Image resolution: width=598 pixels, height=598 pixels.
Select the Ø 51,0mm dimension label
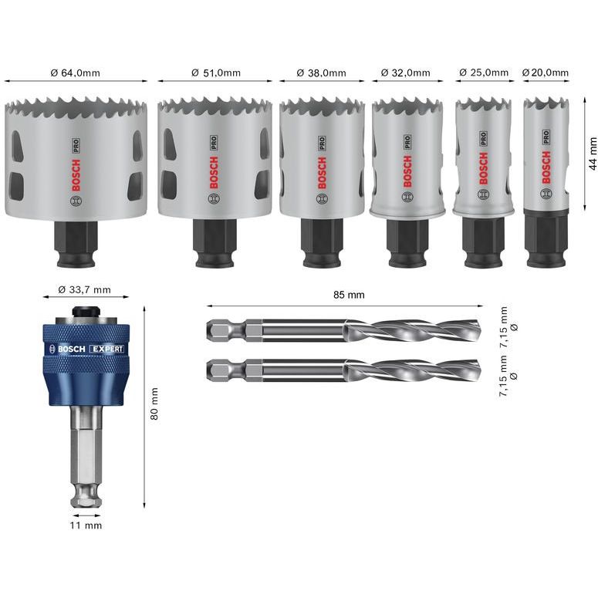[x=215, y=73]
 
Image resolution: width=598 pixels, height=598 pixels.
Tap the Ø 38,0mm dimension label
[x=321, y=73]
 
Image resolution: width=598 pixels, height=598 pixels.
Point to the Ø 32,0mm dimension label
[x=405, y=73]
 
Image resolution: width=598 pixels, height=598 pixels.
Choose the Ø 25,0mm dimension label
[x=484, y=73]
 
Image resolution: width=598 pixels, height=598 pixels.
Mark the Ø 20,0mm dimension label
[x=546, y=73]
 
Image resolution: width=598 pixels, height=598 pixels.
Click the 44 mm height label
[x=592, y=153]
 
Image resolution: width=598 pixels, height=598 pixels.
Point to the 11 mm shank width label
[x=86, y=525]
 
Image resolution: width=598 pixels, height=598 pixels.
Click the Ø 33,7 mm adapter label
[x=85, y=290]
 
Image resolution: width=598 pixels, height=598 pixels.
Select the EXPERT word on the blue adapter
[x=107, y=349]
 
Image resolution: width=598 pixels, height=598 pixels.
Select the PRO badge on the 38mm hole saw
[x=321, y=143]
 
